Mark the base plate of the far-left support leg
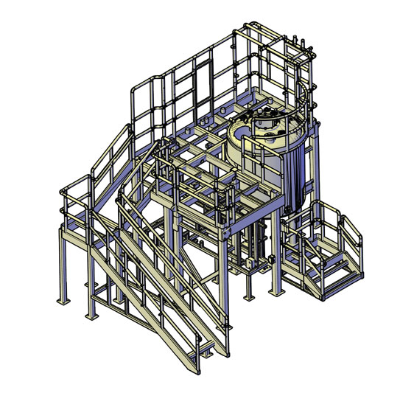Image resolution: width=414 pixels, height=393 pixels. [62, 301]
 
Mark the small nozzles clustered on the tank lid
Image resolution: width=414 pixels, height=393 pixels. [270, 116]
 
